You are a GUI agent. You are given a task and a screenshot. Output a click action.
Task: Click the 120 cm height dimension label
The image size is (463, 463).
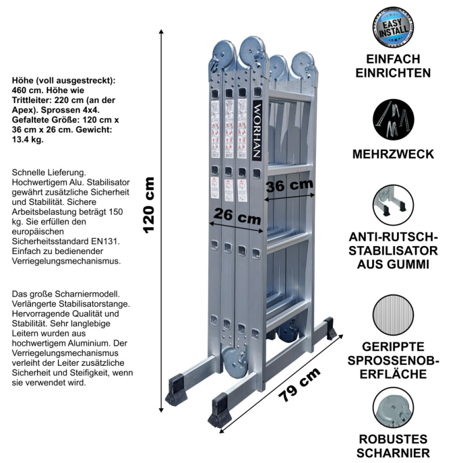click(x=149, y=204)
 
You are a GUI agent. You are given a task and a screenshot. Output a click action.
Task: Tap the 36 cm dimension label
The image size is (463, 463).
click(x=289, y=186)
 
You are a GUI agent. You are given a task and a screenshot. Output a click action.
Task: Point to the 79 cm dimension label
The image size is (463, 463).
click(x=299, y=385)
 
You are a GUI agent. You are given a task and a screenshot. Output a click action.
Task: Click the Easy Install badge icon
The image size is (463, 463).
click(x=393, y=28)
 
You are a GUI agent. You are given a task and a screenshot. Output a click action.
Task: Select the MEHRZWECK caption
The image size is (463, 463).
click(x=393, y=155)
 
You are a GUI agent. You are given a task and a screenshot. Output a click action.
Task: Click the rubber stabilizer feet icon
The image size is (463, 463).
click(x=393, y=204)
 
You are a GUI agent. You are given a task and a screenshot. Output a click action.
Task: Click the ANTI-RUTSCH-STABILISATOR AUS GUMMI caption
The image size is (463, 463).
click(x=393, y=251)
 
